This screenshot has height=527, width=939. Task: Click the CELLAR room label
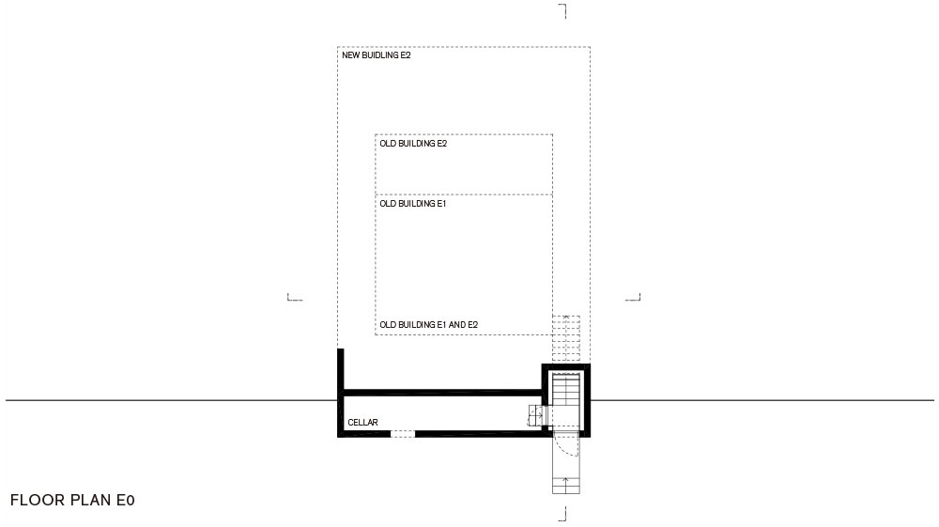point(362,422)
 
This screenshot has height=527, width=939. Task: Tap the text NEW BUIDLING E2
point(377,55)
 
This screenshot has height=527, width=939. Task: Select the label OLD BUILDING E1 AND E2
point(429,325)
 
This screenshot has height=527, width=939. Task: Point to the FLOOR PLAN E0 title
point(72,500)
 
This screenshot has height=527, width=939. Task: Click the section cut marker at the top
point(562,10)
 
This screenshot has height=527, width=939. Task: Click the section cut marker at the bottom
point(562,514)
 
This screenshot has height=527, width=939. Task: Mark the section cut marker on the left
point(295,297)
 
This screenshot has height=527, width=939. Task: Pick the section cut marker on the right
point(633,297)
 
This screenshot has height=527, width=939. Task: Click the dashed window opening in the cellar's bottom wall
point(403,434)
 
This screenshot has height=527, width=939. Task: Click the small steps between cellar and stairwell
point(535,415)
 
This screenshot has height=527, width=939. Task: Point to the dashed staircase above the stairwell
point(566,338)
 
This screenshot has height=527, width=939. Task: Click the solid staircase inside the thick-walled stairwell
point(566,399)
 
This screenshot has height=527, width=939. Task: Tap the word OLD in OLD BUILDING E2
point(388,144)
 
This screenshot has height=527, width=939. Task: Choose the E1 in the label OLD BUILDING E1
point(442,204)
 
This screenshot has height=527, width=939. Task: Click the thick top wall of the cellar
point(443,393)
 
